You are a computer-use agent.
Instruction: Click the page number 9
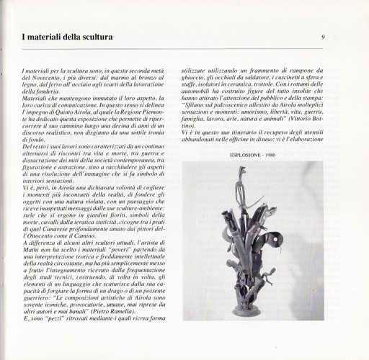click(323, 37)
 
